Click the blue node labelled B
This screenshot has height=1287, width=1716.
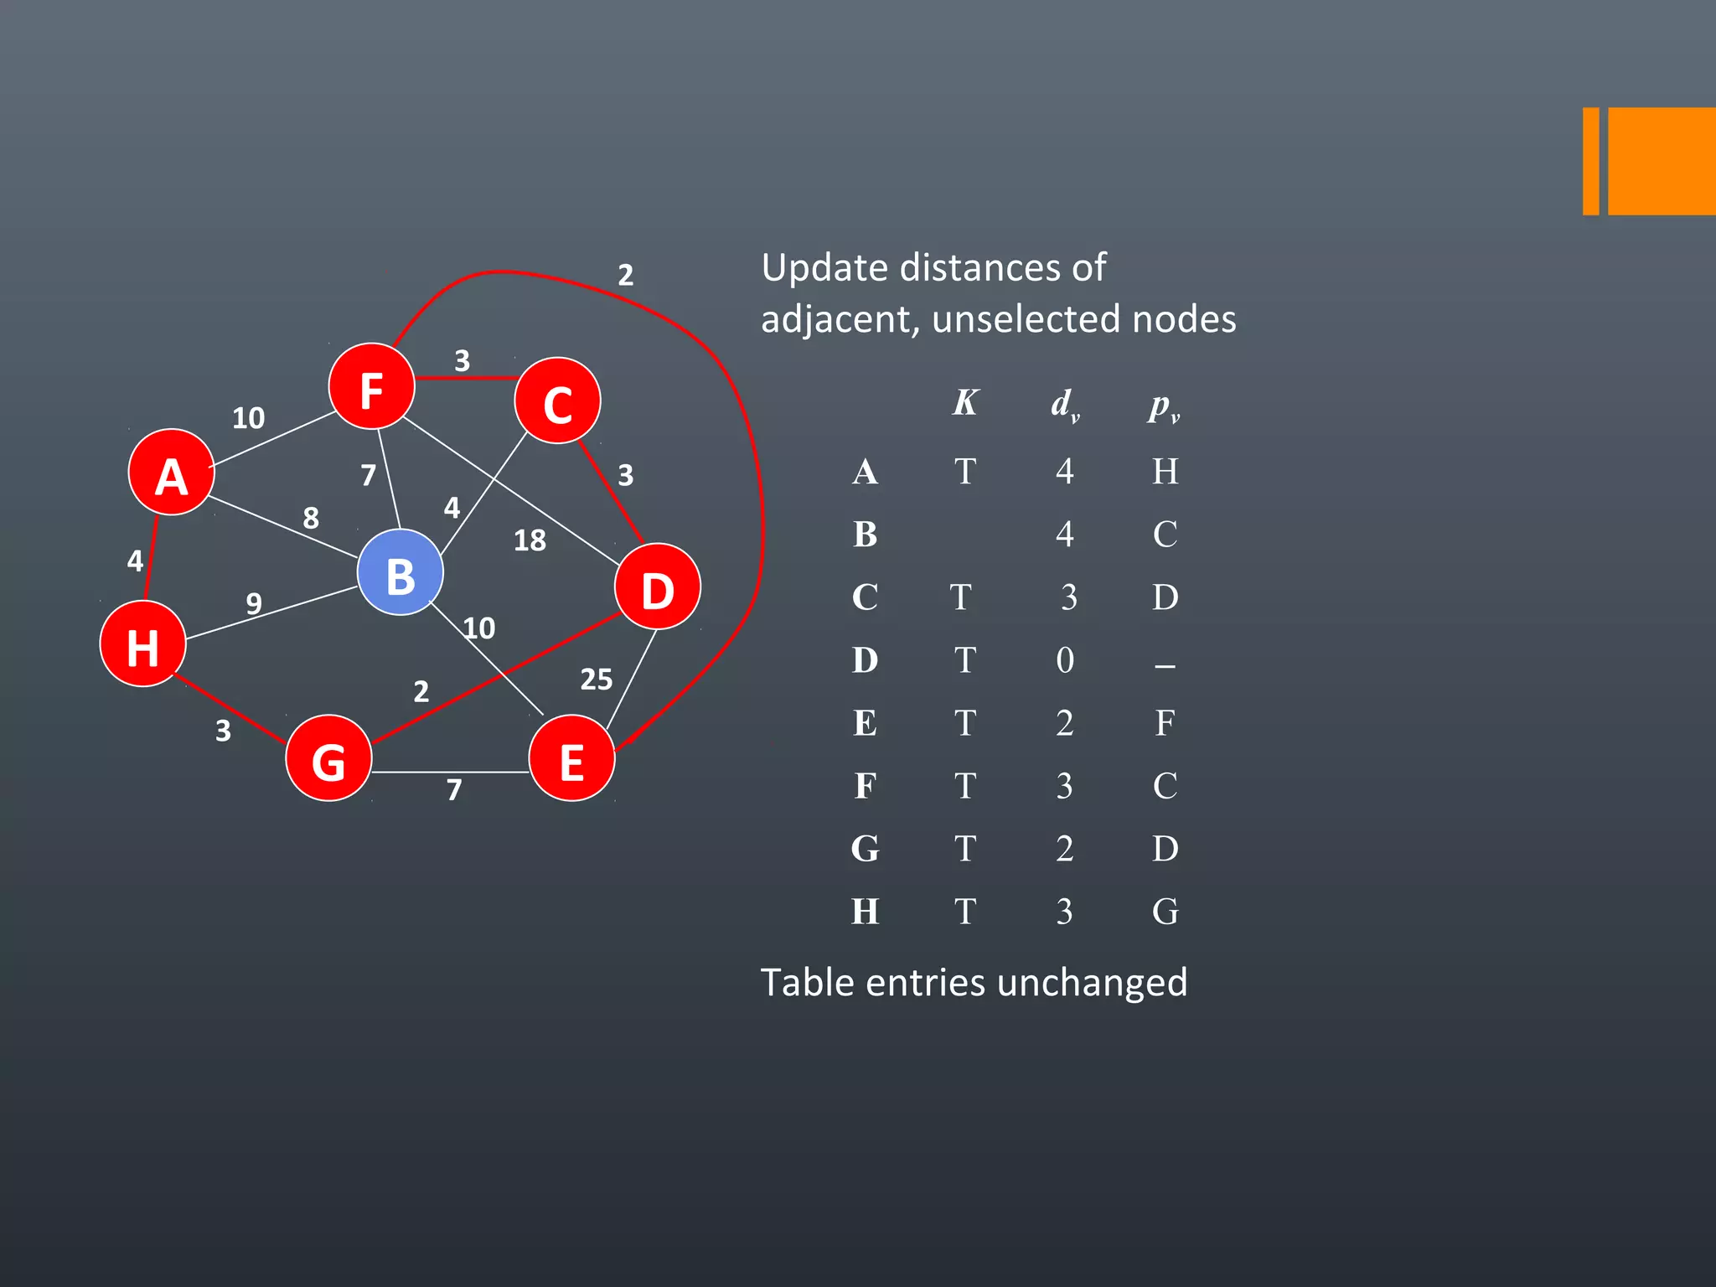[400, 573]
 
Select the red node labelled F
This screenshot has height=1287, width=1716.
[371, 387]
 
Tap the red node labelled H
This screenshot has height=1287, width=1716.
[142, 644]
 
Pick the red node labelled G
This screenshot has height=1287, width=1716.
[328, 758]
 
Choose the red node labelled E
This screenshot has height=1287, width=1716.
[571, 758]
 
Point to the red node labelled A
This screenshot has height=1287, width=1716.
[171, 473]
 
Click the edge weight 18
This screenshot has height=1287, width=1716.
[530, 540]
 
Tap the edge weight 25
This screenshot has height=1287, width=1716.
[596, 680]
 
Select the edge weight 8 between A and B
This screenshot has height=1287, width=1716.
[311, 518]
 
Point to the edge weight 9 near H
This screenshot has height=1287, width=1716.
[254, 603]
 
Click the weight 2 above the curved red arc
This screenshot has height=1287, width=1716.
[625, 275]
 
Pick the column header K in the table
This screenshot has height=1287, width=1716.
[965, 403]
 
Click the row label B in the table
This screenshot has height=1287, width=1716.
[865, 535]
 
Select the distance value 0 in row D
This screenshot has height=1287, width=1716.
[1064, 660]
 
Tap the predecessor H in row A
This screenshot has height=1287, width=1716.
[1165, 472]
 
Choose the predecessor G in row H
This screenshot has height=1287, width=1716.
[1165, 912]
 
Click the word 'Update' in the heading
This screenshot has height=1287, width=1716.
[824, 269]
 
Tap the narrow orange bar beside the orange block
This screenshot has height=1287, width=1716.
[1590, 161]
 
